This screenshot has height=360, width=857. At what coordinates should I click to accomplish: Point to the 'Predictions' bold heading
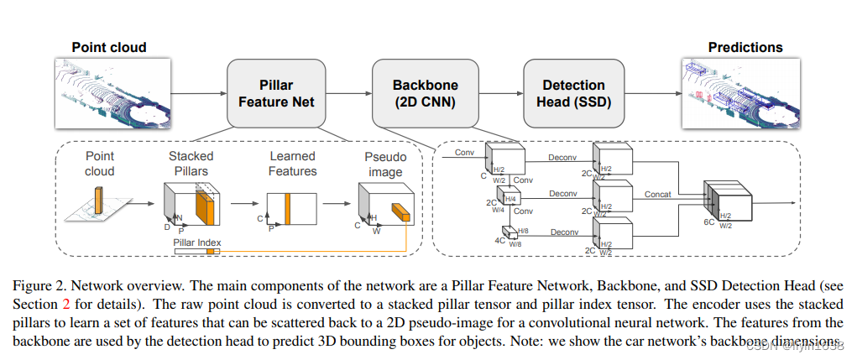pos(745,48)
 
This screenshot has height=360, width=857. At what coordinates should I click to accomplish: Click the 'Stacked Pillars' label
pos(191,163)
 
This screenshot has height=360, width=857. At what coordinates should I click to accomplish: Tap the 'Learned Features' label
pos(292,163)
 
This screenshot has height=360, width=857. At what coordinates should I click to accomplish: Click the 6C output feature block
pos(724,201)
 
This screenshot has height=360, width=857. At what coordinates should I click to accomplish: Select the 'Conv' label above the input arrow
pos(464,153)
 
